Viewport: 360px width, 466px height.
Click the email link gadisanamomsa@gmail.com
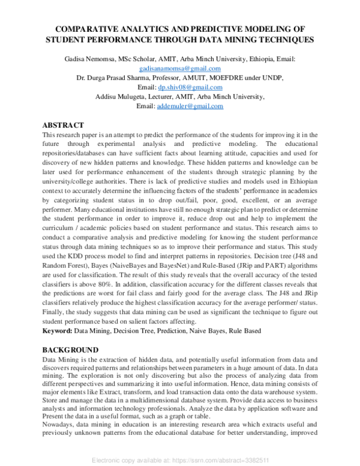pos(180,69)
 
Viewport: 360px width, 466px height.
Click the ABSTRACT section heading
pos(63,125)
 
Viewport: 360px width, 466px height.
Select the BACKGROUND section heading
pos(70,349)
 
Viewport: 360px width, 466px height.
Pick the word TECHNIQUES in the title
pos(280,40)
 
